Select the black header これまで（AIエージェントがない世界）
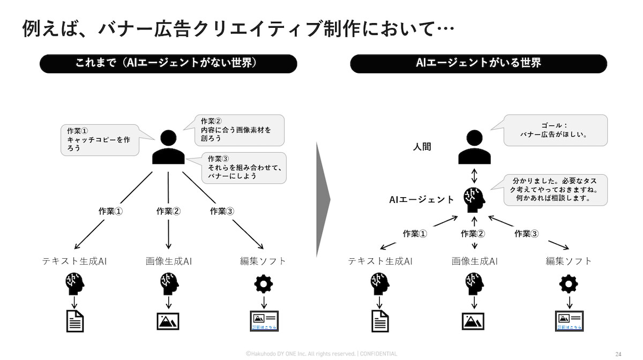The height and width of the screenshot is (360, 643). tap(168, 63)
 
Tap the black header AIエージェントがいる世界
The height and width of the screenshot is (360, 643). tap(478, 63)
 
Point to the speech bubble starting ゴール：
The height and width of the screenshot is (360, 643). tap(555, 130)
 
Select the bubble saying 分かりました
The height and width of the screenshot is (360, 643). tap(555, 190)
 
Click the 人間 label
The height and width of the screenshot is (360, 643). tap(422, 146)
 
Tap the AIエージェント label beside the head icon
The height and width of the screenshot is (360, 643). tap(422, 199)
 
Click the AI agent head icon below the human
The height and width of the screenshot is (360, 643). tap(474, 199)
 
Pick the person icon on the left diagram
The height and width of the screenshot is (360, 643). tap(168, 147)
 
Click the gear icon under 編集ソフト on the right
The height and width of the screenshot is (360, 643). tap(569, 283)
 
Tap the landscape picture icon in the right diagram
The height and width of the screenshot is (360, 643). tap(473, 321)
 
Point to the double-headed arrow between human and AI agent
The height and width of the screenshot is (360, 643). tap(474, 175)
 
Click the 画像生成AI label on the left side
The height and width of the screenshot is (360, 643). tap(169, 261)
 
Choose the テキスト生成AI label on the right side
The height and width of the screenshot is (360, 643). tap(380, 261)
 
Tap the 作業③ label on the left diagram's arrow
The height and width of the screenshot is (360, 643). tap(222, 211)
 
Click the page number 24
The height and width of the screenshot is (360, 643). tap(618, 354)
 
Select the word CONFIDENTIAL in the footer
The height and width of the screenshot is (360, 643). tap(378, 354)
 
